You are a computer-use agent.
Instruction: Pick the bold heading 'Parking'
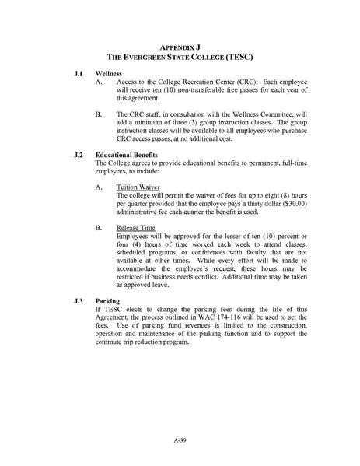click(107, 300)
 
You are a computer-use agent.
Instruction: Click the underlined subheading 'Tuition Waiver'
click(138, 187)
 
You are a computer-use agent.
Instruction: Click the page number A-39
click(180, 440)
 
